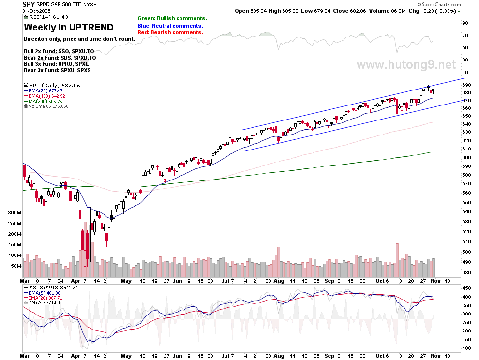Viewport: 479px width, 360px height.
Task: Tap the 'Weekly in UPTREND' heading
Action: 69,27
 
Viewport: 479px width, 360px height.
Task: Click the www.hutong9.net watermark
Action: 406,65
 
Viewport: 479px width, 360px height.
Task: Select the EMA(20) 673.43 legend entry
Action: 44,90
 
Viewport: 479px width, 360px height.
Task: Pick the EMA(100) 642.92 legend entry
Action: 45,96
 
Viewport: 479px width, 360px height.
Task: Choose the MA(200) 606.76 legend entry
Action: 43,101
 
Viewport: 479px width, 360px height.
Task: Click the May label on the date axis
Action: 126,281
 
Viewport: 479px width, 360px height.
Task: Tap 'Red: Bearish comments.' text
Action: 170,32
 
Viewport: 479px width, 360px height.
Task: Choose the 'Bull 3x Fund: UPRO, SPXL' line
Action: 56,64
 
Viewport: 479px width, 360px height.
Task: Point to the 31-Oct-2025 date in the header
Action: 38,11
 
